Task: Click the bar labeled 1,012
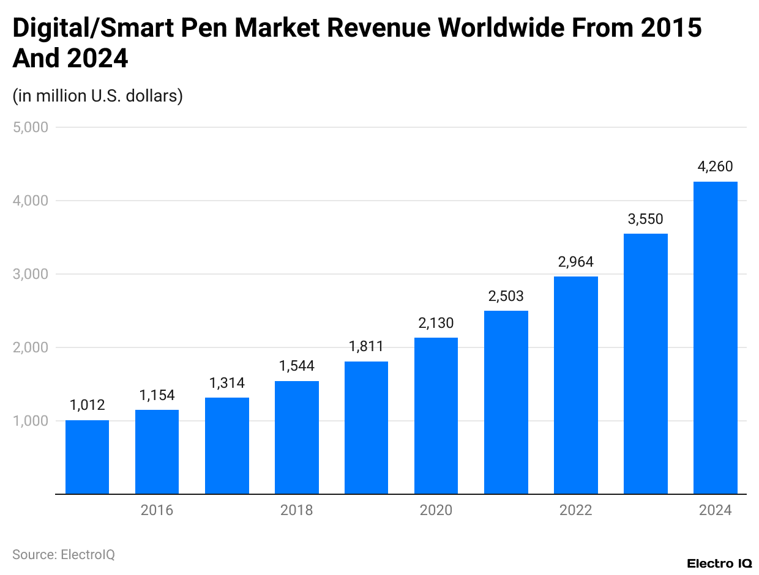pyautogui.click(x=87, y=457)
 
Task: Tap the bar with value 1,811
pyautogui.click(x=366, y=428)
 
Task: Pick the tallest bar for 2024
pyautogui.click(x=715, y=338)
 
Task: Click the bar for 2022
pyautogui.click(x=575, y=385)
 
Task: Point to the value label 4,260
pyautogui.click(x=715, y=166)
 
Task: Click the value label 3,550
pyautogui.click(x=645, y=219)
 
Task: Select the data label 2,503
pyautogui.click(x=506, y=296)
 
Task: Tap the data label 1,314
pyautogui.click(x=226, y=383)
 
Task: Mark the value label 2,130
pyautogui.click(x=436, y=323)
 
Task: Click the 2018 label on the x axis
pyautogui.click(x=296, y=510)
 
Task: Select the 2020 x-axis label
pyautogui.click(x=436, y=510)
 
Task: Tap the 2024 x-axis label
pyautogui.click(x=715, y=510)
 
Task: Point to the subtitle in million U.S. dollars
pyautogui.click(x=97, y=96)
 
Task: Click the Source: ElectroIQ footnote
pyautogui.click(x=63, y=554)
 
